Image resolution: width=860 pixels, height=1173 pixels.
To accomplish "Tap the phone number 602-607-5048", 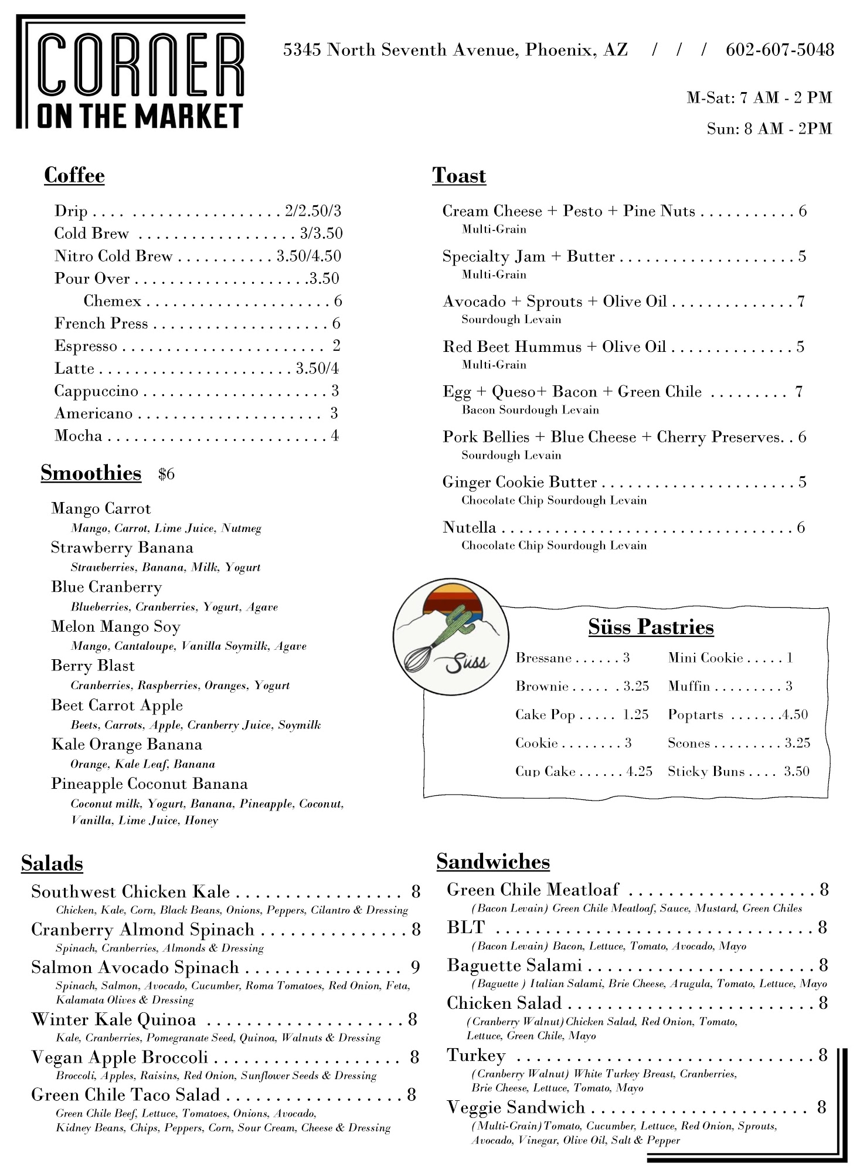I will (x=779, y=50).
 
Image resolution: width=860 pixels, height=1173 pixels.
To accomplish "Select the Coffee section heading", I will (x=74, y=175).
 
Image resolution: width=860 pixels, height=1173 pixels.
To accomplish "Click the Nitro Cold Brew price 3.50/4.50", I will (x=309, y=256).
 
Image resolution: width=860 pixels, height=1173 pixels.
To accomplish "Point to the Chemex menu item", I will (x=113, y=301).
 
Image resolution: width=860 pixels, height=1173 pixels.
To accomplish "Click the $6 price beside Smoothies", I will (x=166, y=474).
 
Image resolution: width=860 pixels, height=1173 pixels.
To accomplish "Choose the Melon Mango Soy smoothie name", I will (x=115, y=626).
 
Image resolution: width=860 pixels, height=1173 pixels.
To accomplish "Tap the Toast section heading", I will (x=459, y=175).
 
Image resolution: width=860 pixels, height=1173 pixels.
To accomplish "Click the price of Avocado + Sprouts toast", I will (x=801, y=301).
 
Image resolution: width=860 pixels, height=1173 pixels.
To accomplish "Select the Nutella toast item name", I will (x=469, y=527).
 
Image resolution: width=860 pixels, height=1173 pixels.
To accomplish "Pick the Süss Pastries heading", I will (x=651, y=627).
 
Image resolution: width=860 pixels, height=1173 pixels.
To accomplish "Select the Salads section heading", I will (x=52, y=863).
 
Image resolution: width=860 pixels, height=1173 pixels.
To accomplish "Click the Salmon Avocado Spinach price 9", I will (x=415, y=967).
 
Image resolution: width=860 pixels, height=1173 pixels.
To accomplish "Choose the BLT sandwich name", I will (x=466, y=927).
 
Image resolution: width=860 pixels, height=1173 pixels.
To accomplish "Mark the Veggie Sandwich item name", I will (x=516, y=1107).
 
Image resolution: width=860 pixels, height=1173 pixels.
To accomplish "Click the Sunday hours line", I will (x=769, y=128).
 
